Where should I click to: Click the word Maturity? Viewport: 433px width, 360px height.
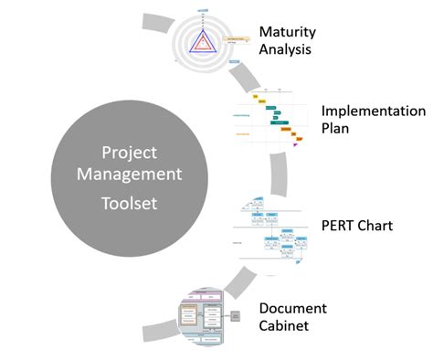(287, 31)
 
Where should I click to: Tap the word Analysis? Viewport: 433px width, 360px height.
(286, 49)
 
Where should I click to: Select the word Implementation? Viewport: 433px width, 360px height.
(373, 111)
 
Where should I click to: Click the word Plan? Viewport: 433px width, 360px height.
(336, 130)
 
